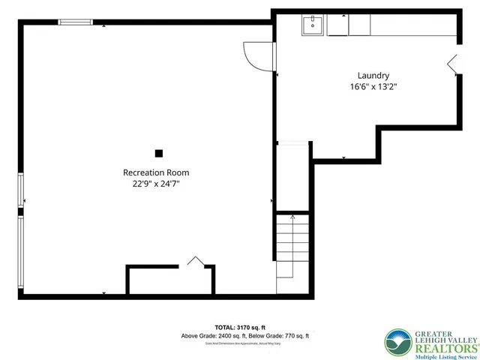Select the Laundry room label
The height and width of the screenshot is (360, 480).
pyautogui.click(x=373, y=75)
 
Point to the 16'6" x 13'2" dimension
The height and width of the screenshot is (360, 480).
pyautogui.click(x=373, y=86)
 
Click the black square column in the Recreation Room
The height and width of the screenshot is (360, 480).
pyautogui.click(x=158, y=154)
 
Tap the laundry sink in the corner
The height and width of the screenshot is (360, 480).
pyautogui.click(x=312, y=25)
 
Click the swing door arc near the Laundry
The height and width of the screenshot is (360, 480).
pyautogui.click(x=255, y=55)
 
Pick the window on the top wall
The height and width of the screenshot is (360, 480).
pyautogui.click(x=76, y=22)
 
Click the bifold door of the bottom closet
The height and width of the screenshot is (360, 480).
pyautogui.click(x=195, y=261)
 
